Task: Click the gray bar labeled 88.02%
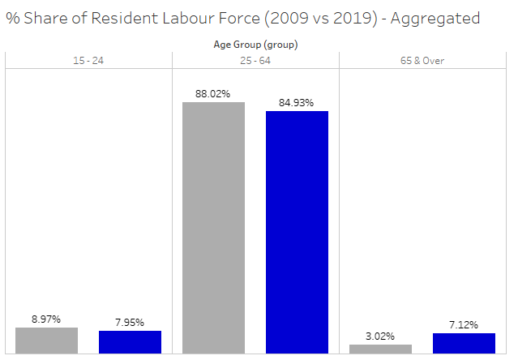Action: click(x=213, y=227)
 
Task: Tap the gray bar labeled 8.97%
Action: click(x=46, y=341)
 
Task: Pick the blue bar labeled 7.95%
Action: click(x=130, y=342)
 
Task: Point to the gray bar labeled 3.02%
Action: click(x=380, y=349)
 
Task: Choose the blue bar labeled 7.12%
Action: click(x=464, y=343)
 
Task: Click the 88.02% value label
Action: click(x=213, y=94)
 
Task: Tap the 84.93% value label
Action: click(x=297, y=103)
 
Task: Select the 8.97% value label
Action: click(x=46, y=319)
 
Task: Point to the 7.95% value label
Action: click(x=130, y=323)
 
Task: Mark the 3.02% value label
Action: click(x=380, y=336)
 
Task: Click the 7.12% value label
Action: click(x=464, y=325)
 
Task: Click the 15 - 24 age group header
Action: click(x=88, y=61)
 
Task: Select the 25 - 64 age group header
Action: click(x=255, y=61)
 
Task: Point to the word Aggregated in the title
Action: click(x=435, y=18)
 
